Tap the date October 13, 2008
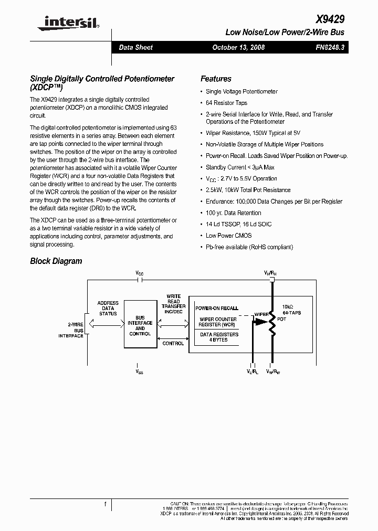point(238,48)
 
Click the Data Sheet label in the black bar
point(135,48)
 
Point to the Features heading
point(216,79)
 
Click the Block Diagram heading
point(56,261)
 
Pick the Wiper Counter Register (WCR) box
point(217,322)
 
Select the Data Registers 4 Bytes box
point(218,337)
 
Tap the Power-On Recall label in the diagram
point(216,308)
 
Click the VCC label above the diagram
point(139,273)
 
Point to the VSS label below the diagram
point(139,371)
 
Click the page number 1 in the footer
point(106,504)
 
